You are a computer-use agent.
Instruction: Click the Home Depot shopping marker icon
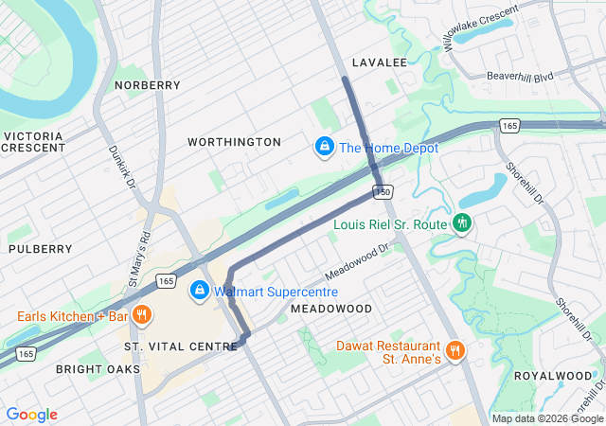(324, 148)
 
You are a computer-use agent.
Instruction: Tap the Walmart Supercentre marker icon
(200, 291)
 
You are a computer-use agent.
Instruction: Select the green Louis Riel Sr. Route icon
(462, 224)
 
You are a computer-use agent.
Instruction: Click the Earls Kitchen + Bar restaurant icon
(141, 315)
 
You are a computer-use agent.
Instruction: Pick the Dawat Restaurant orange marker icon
(454, 350)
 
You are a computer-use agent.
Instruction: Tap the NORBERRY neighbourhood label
(147, 85)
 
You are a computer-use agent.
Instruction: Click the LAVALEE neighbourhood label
(379, 62)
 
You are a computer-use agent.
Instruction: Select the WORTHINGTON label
(234, 142)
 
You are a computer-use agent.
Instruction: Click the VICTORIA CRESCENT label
(33, 142)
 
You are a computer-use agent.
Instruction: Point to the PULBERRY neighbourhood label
(40, 249)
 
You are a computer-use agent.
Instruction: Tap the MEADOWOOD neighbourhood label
(330, 310)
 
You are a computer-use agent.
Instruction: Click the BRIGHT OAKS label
(98, 368)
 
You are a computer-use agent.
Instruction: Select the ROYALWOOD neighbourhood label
(552, 376)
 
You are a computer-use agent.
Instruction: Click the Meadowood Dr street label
(357, 262)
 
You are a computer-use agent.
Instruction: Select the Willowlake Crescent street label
(480, 27)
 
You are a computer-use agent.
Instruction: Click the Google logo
(32, 415)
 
